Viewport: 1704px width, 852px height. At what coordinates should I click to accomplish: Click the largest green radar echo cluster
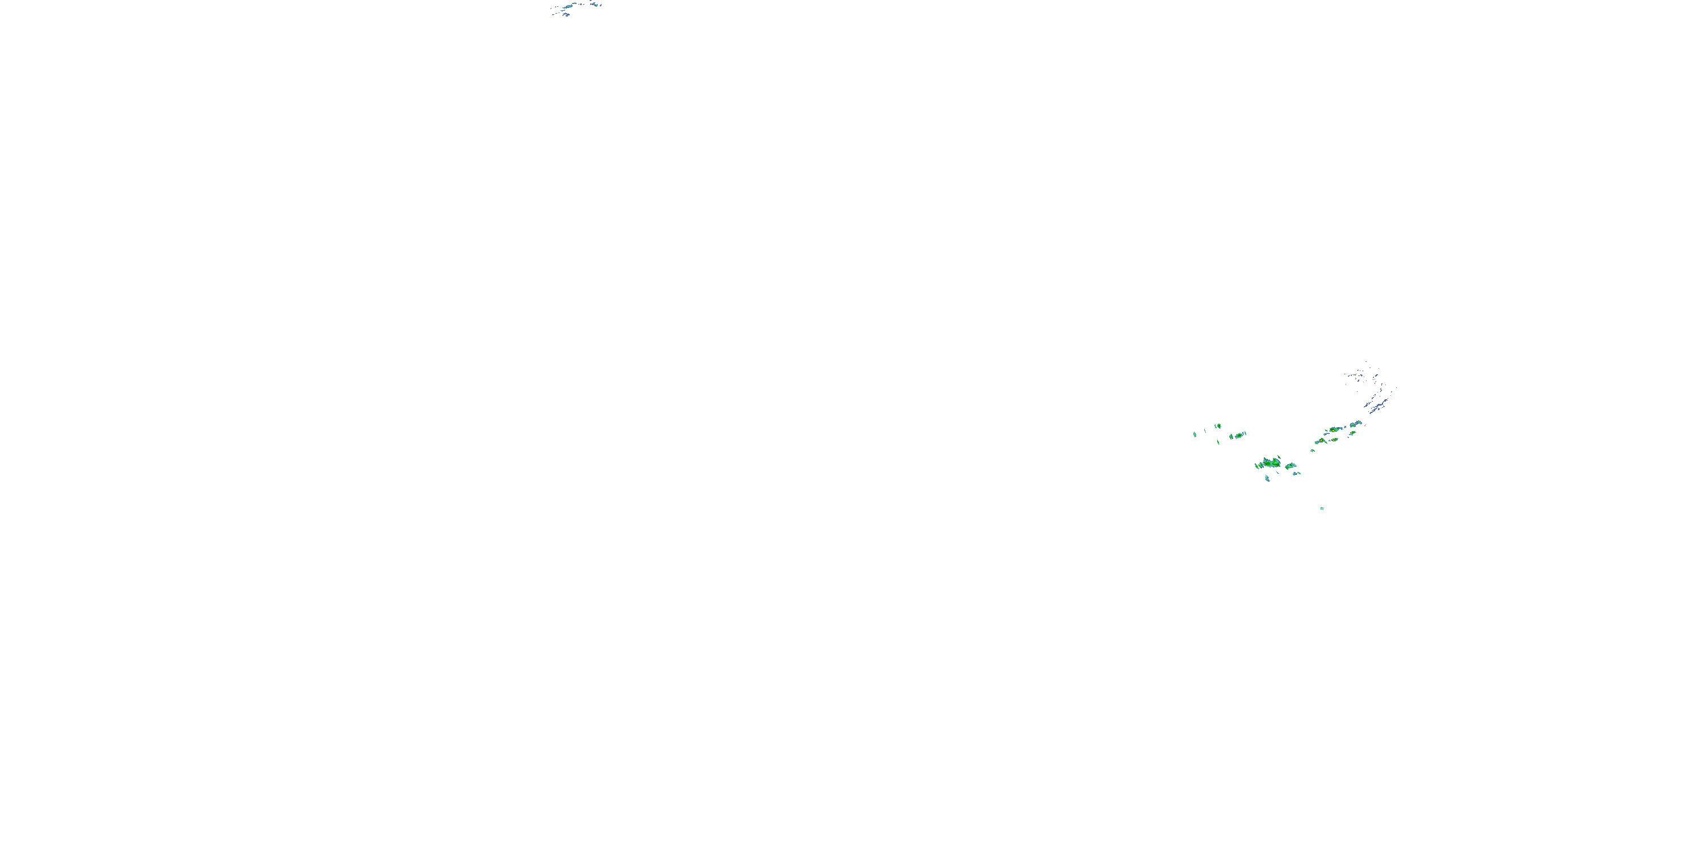(1272, 463)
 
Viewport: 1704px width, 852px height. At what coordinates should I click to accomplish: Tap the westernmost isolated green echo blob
(1195, 435)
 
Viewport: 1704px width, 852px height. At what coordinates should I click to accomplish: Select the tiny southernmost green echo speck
(1322, 509)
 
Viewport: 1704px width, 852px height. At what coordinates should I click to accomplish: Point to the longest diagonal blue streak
(1379, 406)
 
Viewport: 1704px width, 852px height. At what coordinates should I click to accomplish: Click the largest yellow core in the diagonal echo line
(1334, 430)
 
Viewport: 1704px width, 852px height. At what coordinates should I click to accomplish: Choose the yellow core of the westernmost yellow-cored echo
(1322, 441)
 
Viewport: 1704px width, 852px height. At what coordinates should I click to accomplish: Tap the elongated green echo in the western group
(1239, 435)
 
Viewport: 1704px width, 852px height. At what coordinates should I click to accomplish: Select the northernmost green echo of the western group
(1219, 426)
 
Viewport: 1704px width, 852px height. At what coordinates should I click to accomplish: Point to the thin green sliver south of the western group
(1218, 442)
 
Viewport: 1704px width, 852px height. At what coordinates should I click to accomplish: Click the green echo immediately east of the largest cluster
(1290, 466)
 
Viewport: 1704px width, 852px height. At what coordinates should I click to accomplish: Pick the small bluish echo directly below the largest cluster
(1268, 478)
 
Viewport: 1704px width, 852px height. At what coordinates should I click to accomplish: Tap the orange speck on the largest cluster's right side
(1277, 465)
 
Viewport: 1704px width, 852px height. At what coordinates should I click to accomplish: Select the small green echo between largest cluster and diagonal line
(1313, 450)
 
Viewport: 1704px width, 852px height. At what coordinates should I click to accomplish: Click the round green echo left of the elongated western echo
(1231, 437)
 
